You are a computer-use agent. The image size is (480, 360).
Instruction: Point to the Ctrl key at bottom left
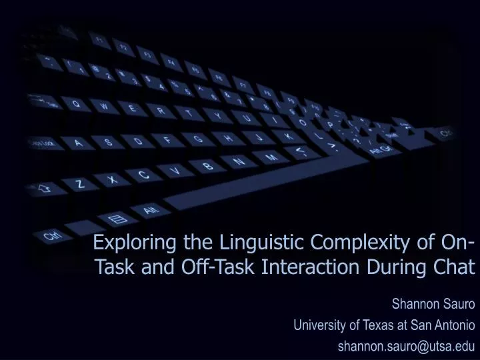51,235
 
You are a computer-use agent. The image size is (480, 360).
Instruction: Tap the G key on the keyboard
197,139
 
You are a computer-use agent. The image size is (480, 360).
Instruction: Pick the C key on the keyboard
143,175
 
